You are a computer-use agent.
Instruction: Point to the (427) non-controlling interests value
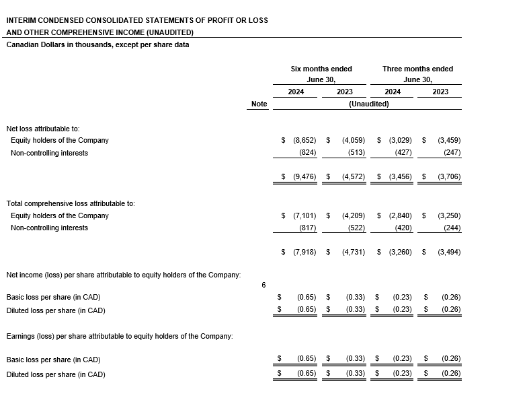tap(403, 153)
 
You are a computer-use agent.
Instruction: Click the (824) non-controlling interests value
tap(307, 153)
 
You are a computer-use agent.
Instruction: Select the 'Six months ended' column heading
tap(321, 69)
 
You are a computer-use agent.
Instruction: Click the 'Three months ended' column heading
tap(417, 69)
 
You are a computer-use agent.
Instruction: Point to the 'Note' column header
tap(259, 104)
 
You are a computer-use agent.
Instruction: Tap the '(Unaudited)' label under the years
tap(368, 104)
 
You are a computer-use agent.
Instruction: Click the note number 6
tap(263, 285)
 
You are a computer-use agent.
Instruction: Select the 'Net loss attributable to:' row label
tap(43, 128)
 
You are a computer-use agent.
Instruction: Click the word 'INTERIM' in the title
tap(21, 20)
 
